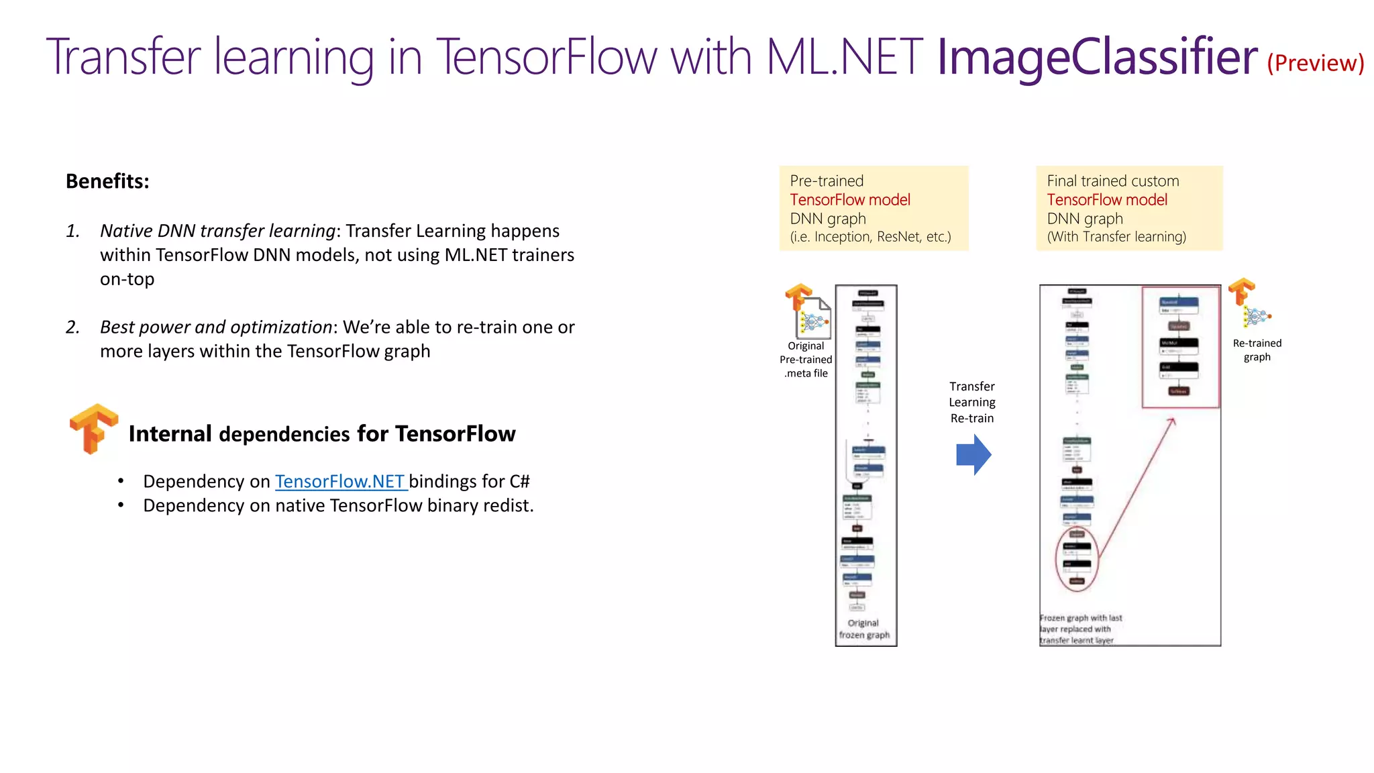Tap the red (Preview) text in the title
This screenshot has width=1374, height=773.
pyautogui.click(x=1315, y=63)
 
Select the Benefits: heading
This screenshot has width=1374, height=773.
pyautogui.click(x=107, y=181)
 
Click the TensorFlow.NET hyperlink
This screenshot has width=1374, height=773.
pyautogui.click(x=339, y=481)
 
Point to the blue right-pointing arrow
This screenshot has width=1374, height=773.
pyautogui.click(x=973, y=455)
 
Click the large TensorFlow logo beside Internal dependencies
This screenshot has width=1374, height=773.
pyautogui.click(x=94, y=429)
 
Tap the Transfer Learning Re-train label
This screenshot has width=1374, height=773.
pyautogui.click(x=972, y=402)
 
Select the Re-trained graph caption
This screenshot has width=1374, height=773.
pyautogui.click(x=1257, y=350)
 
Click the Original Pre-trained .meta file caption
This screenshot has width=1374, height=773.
pyautogui.click(x=806, y=360)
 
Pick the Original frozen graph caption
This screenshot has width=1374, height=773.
pyautogui.click(x=864, y=629)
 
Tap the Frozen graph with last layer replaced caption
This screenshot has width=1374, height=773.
pyautogui.click(x=1080, y=629)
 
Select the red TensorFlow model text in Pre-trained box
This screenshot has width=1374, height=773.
pyautogui.click(x=850, y=200)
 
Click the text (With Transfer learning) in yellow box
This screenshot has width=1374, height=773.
pyautogui.click(x=1116, y=237)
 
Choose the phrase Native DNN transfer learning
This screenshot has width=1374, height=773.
pyautogui.click(x=217, y=231)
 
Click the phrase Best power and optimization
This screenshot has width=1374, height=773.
pyautogui.click(x=215, y=327)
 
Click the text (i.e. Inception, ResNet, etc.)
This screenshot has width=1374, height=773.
pyautogui.click(x=870, y=237)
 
